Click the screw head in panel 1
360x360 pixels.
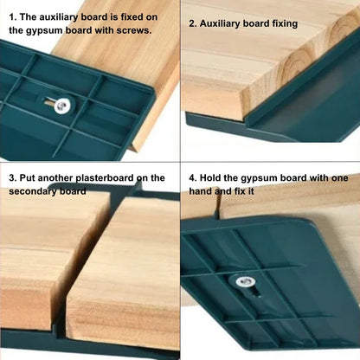[x=61, y=106]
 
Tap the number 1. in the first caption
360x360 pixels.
[x=12, y=16]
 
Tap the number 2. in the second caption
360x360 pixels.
[x=194, y=23]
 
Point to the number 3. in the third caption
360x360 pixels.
[x=12, y=177]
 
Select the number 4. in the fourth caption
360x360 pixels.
[x=194, y=177]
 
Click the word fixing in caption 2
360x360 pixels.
[x=280, y=23]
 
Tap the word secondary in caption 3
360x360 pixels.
[x=34, y=191]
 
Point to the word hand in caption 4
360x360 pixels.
[x=202, y=191]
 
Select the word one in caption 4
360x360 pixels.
[x=336, y=177]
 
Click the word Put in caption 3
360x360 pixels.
[x=26, y=177]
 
